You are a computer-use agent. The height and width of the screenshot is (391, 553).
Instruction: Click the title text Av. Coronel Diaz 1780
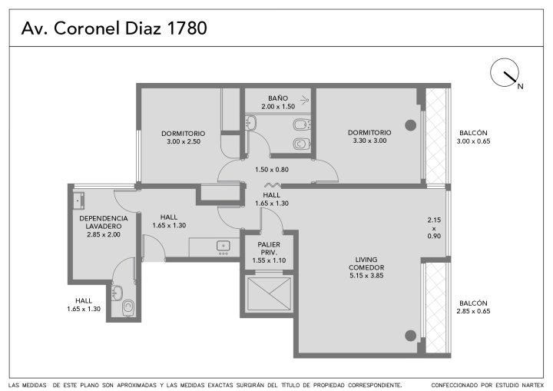114,28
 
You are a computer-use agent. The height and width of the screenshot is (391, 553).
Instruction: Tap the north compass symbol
505,73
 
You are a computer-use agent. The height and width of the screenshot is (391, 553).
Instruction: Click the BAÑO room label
278,98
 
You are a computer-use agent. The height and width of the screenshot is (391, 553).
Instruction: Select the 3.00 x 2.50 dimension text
184,141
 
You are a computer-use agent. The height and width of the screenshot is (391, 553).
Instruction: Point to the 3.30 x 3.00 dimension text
369,141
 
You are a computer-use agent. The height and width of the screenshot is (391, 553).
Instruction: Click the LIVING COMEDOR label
366,263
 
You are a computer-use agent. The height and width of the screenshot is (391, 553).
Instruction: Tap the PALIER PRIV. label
269,248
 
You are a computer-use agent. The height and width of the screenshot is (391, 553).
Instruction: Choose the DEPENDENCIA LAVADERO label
104,222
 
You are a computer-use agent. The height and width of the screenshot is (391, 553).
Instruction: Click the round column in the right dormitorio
410,125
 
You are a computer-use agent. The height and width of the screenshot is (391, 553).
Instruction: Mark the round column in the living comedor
410,336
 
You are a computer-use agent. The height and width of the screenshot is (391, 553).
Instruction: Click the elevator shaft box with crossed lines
270,293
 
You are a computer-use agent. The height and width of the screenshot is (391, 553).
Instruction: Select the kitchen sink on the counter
224,246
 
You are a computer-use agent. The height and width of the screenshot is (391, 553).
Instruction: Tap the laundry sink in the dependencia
78,200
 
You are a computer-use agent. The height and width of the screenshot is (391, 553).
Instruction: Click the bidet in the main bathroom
301,124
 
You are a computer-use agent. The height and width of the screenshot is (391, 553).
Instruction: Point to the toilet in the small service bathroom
128,307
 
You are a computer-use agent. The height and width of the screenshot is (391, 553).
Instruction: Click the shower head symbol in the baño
305,100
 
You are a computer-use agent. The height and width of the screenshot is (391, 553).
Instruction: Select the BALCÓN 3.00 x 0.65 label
473,137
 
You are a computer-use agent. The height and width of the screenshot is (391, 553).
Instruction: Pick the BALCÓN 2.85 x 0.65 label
473,307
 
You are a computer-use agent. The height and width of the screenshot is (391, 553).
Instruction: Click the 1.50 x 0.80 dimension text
272,170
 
